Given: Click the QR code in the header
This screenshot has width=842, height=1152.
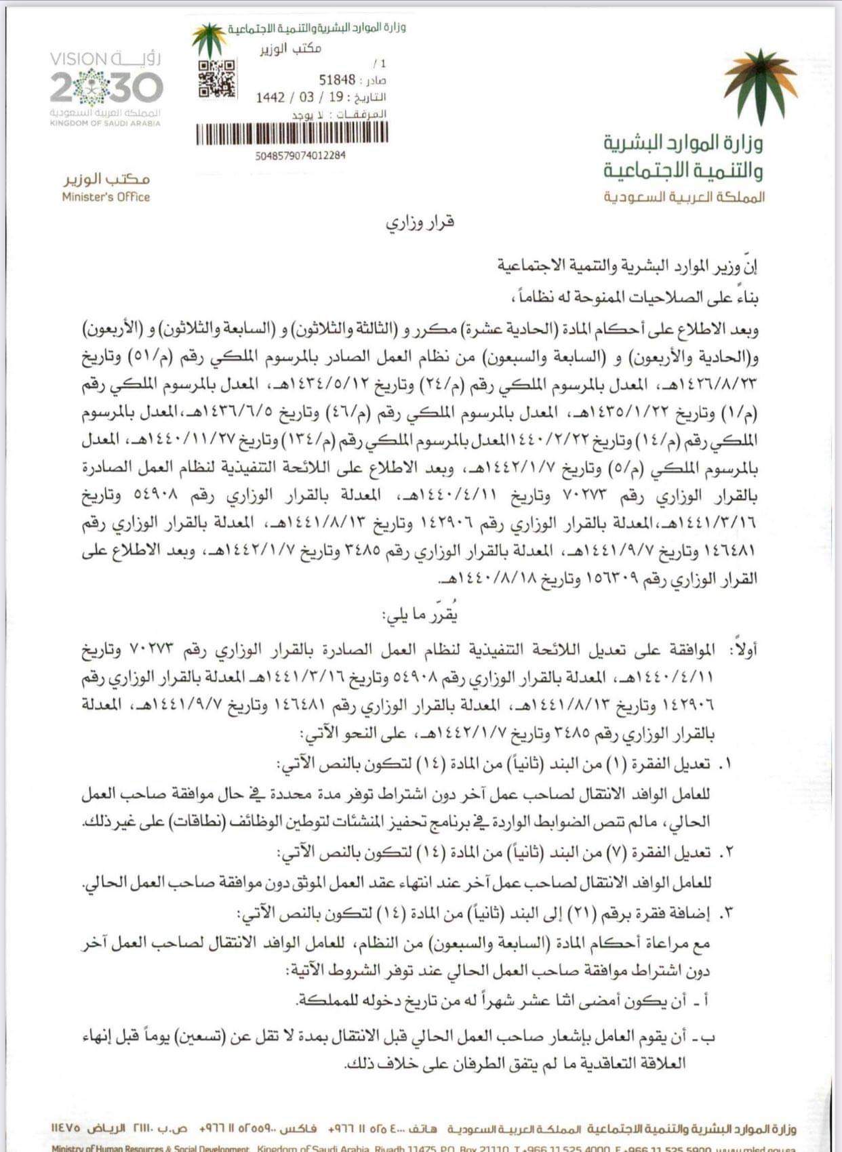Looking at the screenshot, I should [217, 79].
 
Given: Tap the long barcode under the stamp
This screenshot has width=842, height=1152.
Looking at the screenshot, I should [292, 134].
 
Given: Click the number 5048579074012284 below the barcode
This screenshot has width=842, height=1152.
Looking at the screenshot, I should [300, 155].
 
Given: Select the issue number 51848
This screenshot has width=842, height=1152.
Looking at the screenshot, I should [337, 81].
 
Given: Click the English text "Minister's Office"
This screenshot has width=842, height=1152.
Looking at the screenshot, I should [106, 197].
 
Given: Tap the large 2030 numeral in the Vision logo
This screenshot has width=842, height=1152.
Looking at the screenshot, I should [106, 87].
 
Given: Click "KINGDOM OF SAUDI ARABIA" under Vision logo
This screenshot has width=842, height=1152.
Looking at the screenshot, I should [106, 123].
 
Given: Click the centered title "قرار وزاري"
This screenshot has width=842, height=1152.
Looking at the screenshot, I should [420, 222].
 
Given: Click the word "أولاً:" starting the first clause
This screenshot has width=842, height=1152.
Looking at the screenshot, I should [743, 650].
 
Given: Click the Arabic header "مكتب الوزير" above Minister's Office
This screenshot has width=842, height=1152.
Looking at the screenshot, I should [106, 179].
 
